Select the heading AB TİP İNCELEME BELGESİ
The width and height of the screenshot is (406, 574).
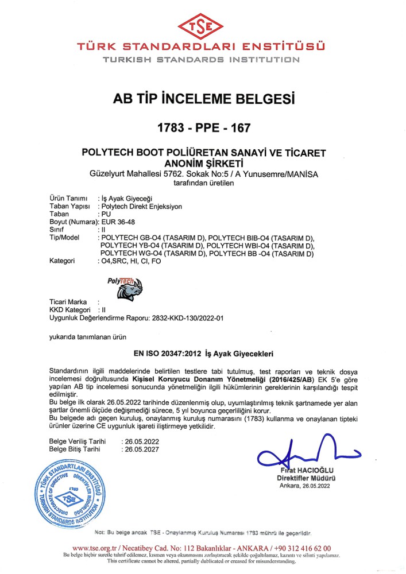point(203,99)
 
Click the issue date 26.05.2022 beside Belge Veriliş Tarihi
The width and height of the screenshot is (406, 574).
point(141,441)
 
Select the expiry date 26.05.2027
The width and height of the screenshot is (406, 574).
point(141,450)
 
